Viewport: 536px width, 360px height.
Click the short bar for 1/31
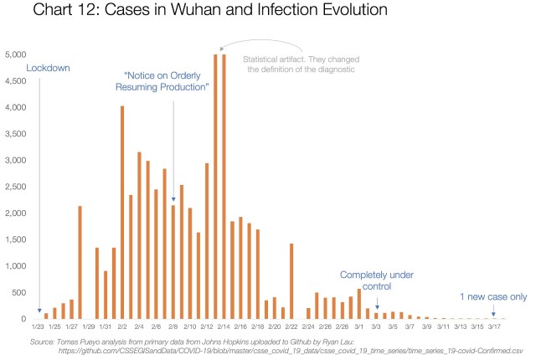106,295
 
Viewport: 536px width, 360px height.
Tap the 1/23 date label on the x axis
37,327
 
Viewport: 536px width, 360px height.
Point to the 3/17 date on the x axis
494,327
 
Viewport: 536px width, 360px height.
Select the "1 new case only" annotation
493,296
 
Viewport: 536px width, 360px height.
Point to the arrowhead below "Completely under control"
377,310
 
